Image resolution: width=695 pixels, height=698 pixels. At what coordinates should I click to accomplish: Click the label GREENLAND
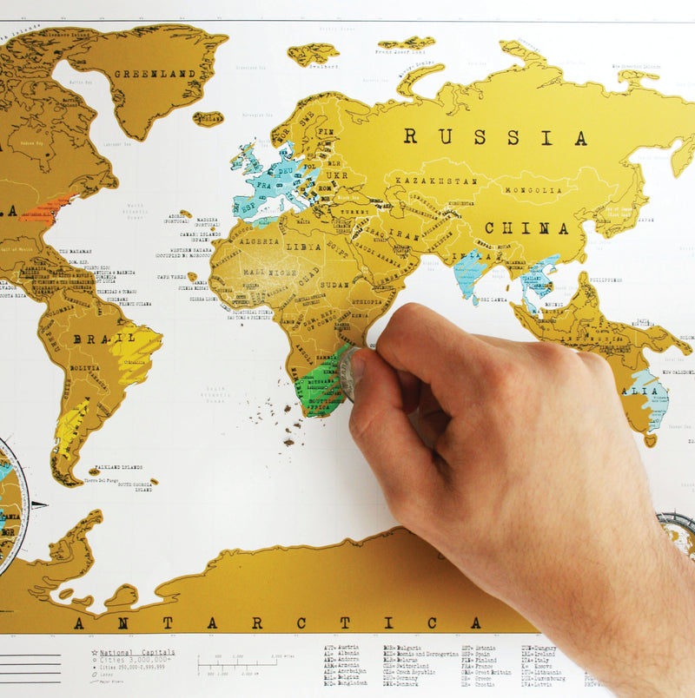point(153,74)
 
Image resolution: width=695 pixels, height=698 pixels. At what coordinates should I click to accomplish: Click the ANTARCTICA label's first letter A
point(79,622)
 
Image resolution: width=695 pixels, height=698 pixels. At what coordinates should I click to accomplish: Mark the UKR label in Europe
point(335,174)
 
